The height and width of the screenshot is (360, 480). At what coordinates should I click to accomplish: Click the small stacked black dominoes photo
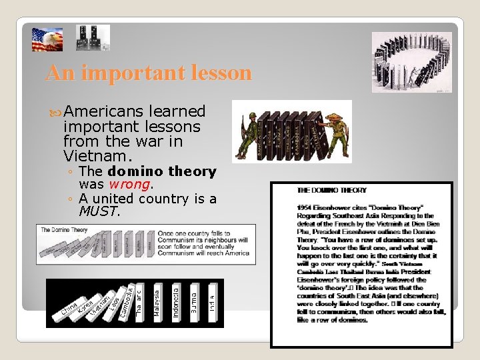93,38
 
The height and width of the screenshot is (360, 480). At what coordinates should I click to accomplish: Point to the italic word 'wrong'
127,184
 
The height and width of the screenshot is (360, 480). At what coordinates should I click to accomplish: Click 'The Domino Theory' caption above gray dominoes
64,230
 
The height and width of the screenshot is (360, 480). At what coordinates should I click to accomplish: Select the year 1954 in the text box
305,207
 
